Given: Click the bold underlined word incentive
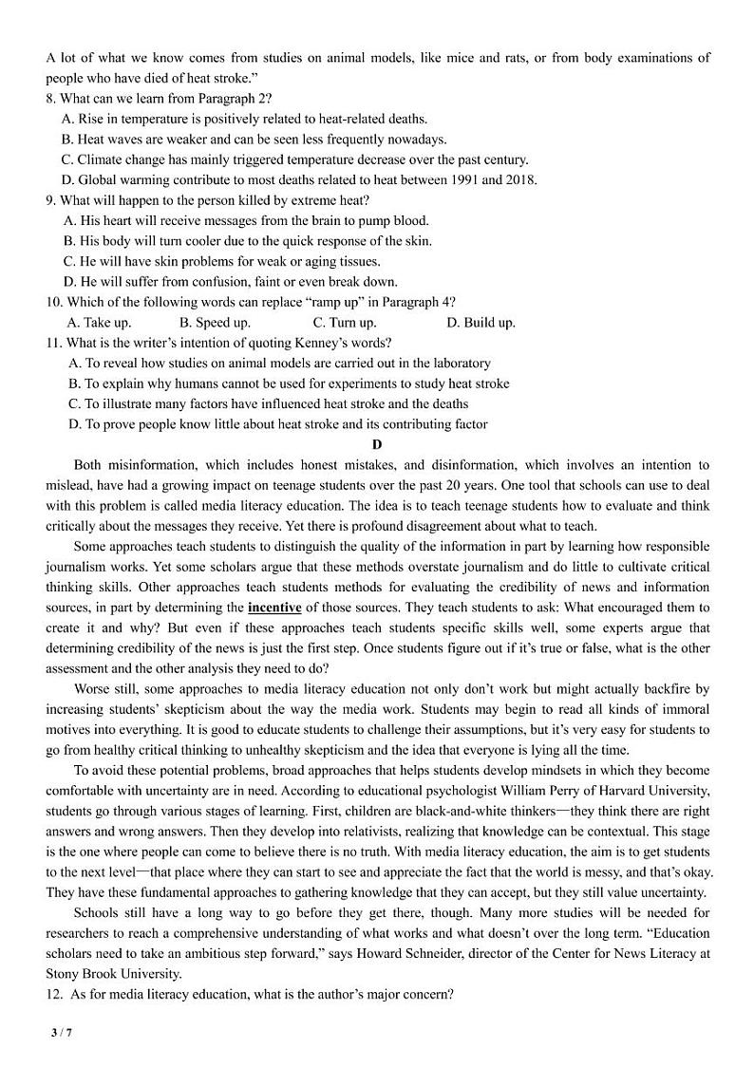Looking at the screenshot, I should coord(274,608).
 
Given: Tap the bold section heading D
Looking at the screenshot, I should coord(377,445).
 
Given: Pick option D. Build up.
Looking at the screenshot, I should coord(481,323).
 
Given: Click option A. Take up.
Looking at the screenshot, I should coord(99,323).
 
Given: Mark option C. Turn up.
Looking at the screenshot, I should coord(345,323).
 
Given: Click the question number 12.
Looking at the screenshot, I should coord(54,994).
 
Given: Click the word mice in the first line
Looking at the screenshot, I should coord(461,58).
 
